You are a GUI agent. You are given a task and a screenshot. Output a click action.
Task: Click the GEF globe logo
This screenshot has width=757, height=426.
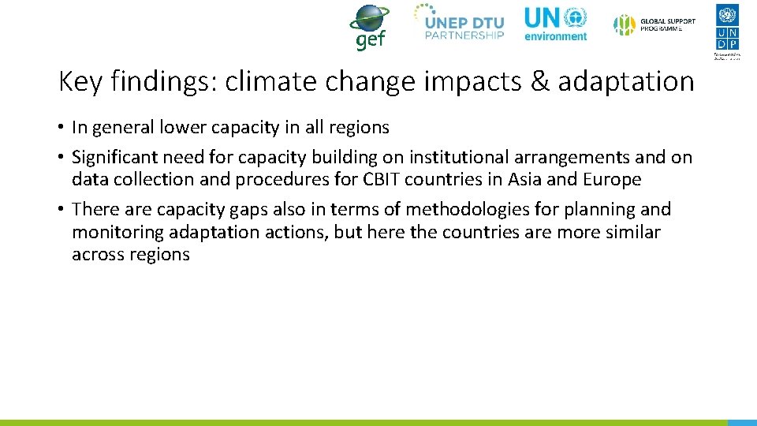369,26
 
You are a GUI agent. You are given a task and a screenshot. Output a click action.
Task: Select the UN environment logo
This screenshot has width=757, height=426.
556,24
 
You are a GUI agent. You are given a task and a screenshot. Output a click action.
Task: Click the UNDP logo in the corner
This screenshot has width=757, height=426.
727,31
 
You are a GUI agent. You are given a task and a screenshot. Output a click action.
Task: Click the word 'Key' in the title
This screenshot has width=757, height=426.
76,81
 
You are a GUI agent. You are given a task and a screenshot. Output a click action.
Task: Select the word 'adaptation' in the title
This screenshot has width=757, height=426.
626,81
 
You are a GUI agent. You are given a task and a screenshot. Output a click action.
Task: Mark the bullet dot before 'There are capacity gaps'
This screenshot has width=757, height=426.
61,210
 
